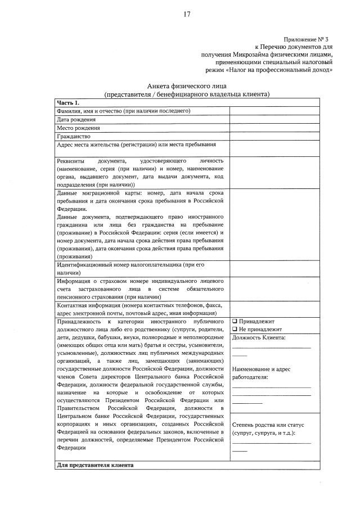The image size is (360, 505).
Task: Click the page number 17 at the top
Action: coord(187,15)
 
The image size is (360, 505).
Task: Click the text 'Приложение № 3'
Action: coord(307,39)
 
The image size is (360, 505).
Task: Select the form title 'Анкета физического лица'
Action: coord(186,85)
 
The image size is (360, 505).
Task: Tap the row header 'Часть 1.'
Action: coord(69,102)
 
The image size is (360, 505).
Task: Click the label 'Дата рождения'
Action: coord(76,119)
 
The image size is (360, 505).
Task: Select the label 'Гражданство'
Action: coord(74,136)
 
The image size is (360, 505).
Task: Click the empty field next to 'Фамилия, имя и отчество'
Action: coord(274,111)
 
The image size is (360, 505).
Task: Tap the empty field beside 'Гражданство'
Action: coord(274,136)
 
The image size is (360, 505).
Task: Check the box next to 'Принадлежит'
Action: coord(235,321)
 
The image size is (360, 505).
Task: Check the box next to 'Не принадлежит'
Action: coord(235,329)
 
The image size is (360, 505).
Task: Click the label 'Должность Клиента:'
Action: coord(258,337)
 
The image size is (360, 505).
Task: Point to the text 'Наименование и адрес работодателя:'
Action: coord(261,373)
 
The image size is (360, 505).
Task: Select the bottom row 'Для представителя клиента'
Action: coord(95,466)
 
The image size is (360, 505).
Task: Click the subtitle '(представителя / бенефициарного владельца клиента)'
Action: coord(186,94)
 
